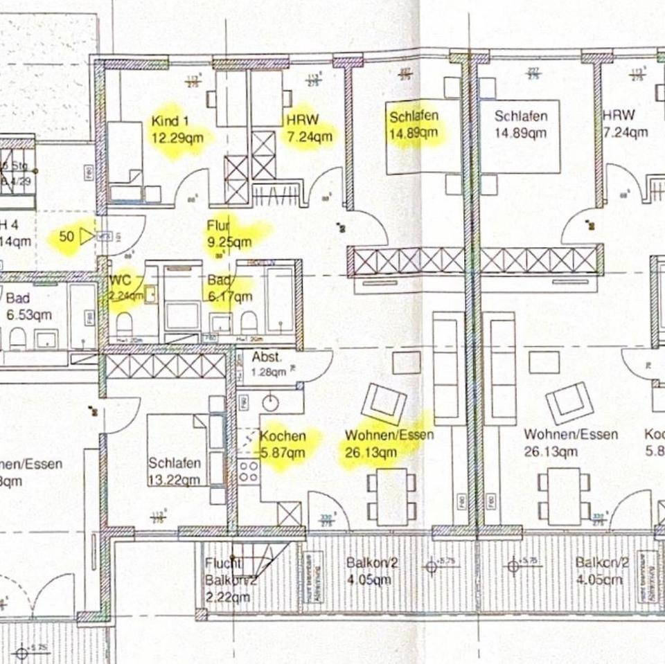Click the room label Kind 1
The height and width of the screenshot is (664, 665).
(x=170, y=122)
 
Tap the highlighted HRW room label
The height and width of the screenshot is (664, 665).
(x=302, y=120)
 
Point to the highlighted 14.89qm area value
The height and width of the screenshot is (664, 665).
(x=414, y=133)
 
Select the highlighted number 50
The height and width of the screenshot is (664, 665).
(x=66, y=237)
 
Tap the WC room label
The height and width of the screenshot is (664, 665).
(x=121, y=281)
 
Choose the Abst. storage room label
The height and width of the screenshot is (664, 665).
(x=266, y=358)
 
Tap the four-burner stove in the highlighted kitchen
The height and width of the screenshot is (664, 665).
(x=248, y=472)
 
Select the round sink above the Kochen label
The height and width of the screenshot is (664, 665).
(x=270, y=402)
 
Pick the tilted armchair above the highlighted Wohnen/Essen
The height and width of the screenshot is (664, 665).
(x=384, y=404)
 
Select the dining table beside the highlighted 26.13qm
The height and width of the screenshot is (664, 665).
(x=392, y=496)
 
